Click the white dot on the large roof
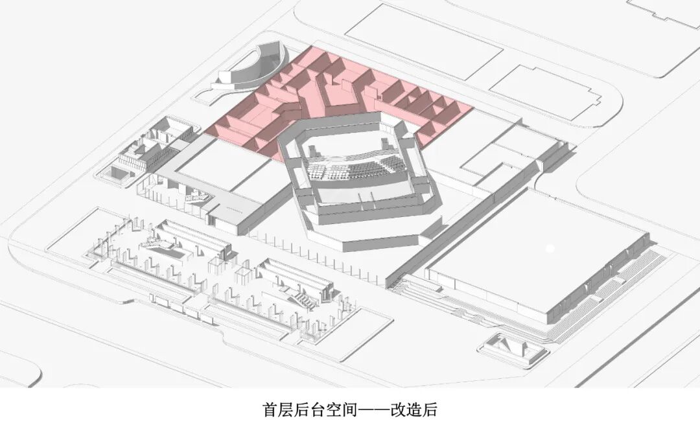point(550,247)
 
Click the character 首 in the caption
point(270,409)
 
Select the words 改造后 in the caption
point(421,409)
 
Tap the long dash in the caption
point(368,409)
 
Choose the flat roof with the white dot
point(531,259)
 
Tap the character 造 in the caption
point(421,409)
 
